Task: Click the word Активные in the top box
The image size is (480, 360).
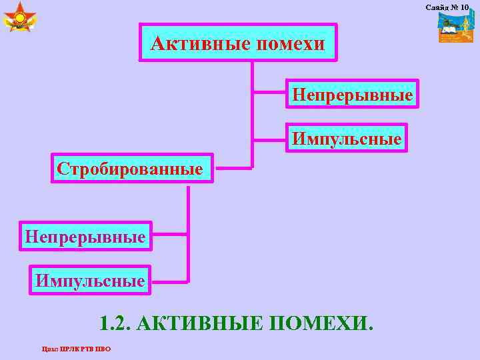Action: tap(194, 44)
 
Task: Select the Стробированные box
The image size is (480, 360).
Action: tap(130, 168)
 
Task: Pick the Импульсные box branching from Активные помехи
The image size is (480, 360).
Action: tap(346, 139)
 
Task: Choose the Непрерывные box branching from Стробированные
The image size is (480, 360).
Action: tap(85, 235)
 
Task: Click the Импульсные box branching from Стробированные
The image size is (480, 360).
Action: tap(90, 280)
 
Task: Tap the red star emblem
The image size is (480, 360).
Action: tap(20, 18)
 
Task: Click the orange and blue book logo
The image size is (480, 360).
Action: tap(455, 29)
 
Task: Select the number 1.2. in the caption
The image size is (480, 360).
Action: tap(115, 325)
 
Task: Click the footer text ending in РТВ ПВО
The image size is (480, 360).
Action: tap(76, 349)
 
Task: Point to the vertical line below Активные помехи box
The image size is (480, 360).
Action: tap(252, 113)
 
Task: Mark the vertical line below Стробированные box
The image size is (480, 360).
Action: tap(189, 233)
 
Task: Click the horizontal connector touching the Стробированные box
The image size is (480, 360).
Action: tap(233, 167)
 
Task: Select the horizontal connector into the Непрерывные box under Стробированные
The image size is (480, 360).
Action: tap(171, 235)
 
